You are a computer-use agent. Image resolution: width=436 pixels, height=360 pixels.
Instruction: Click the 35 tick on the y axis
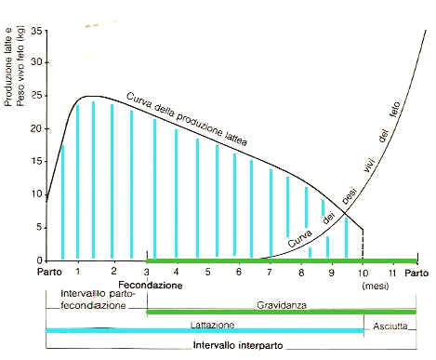36,31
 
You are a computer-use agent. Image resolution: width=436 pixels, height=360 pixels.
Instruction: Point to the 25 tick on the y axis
36,97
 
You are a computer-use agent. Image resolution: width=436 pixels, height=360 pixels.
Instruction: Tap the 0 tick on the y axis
39,260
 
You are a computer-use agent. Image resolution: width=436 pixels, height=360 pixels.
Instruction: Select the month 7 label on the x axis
270,272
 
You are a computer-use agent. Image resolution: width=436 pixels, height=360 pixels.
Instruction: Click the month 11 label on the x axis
393,272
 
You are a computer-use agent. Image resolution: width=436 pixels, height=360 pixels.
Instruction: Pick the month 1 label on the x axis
79,272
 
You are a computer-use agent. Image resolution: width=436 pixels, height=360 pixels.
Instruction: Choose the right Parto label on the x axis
416,272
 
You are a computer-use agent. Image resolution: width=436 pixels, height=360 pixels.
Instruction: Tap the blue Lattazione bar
205,331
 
